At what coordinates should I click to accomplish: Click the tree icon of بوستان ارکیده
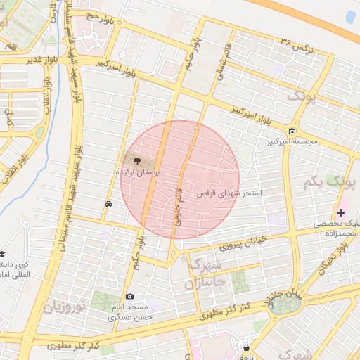136,161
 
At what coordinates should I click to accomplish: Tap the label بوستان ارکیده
138,172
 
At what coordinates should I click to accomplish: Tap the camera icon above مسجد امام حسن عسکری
129,297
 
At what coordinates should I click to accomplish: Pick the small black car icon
108,205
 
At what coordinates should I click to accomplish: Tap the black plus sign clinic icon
340,212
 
